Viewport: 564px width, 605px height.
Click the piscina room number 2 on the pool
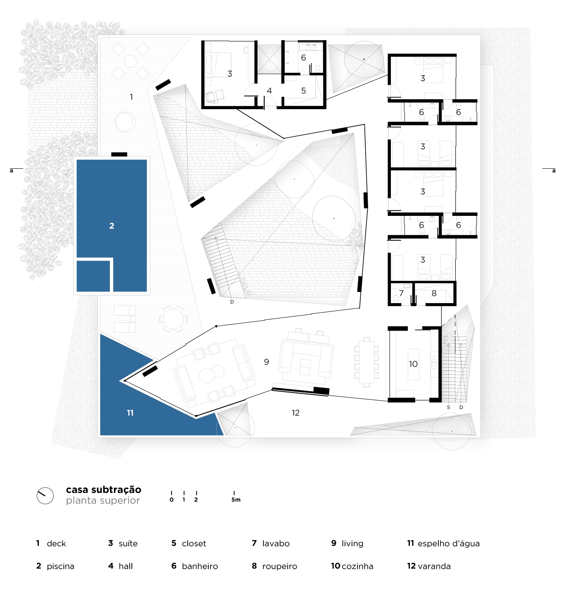[x=112, y=226]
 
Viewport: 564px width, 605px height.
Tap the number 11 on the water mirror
[x=130, y=413]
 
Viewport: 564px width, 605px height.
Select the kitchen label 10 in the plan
[x=413, y=364]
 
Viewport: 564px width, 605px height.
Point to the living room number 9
[x=267, y=362]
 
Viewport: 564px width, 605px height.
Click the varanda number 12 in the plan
[x=295, y=413]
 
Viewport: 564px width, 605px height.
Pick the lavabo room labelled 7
[x=401, y=293]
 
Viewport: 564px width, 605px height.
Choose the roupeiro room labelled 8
[x=434, y=293]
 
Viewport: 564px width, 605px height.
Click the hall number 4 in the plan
[x=269, y=91]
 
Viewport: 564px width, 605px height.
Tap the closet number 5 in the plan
[x=303, y=91]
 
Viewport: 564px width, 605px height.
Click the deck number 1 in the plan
[x=131, y=97]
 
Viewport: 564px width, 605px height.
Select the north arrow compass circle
[x=45, y=496]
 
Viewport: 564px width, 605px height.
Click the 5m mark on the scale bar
[x=236, y=500]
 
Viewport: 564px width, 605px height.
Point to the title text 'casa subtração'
[x=103, y=490]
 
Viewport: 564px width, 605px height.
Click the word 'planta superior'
[x=103, y=500]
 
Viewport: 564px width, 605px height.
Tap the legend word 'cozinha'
[x=357, y=566]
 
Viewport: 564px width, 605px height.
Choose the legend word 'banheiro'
[x=200, y=566]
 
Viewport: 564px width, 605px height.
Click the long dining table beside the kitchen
[x=366, y=362]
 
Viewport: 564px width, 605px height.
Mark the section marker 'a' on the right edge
[x=554, y=171]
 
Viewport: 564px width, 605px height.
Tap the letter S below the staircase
[x=448, y=407]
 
